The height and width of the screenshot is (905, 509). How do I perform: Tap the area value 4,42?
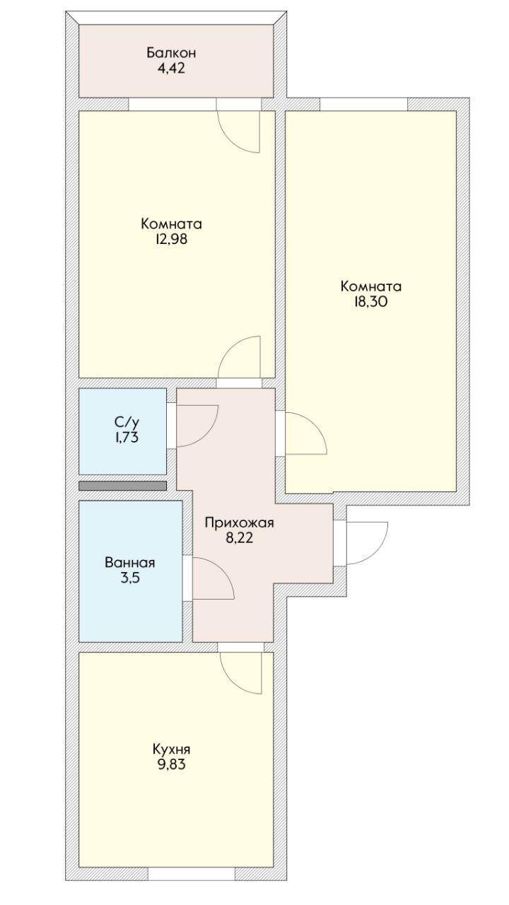point(171,68)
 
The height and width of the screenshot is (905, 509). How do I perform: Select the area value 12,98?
point(171,239)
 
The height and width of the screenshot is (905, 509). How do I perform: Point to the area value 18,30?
point(371,302)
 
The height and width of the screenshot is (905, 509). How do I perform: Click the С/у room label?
point(127,423)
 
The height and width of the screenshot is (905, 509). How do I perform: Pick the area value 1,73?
point(126,438)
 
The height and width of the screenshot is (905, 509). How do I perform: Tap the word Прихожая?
point(239,523)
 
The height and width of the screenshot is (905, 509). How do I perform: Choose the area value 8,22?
point(240,538)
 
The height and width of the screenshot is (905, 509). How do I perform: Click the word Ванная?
point(129,563)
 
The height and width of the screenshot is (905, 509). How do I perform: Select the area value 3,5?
point(129,578)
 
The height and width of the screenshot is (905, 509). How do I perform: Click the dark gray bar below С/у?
point(123,485)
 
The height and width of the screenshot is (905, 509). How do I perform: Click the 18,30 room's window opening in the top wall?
point(364,104)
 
